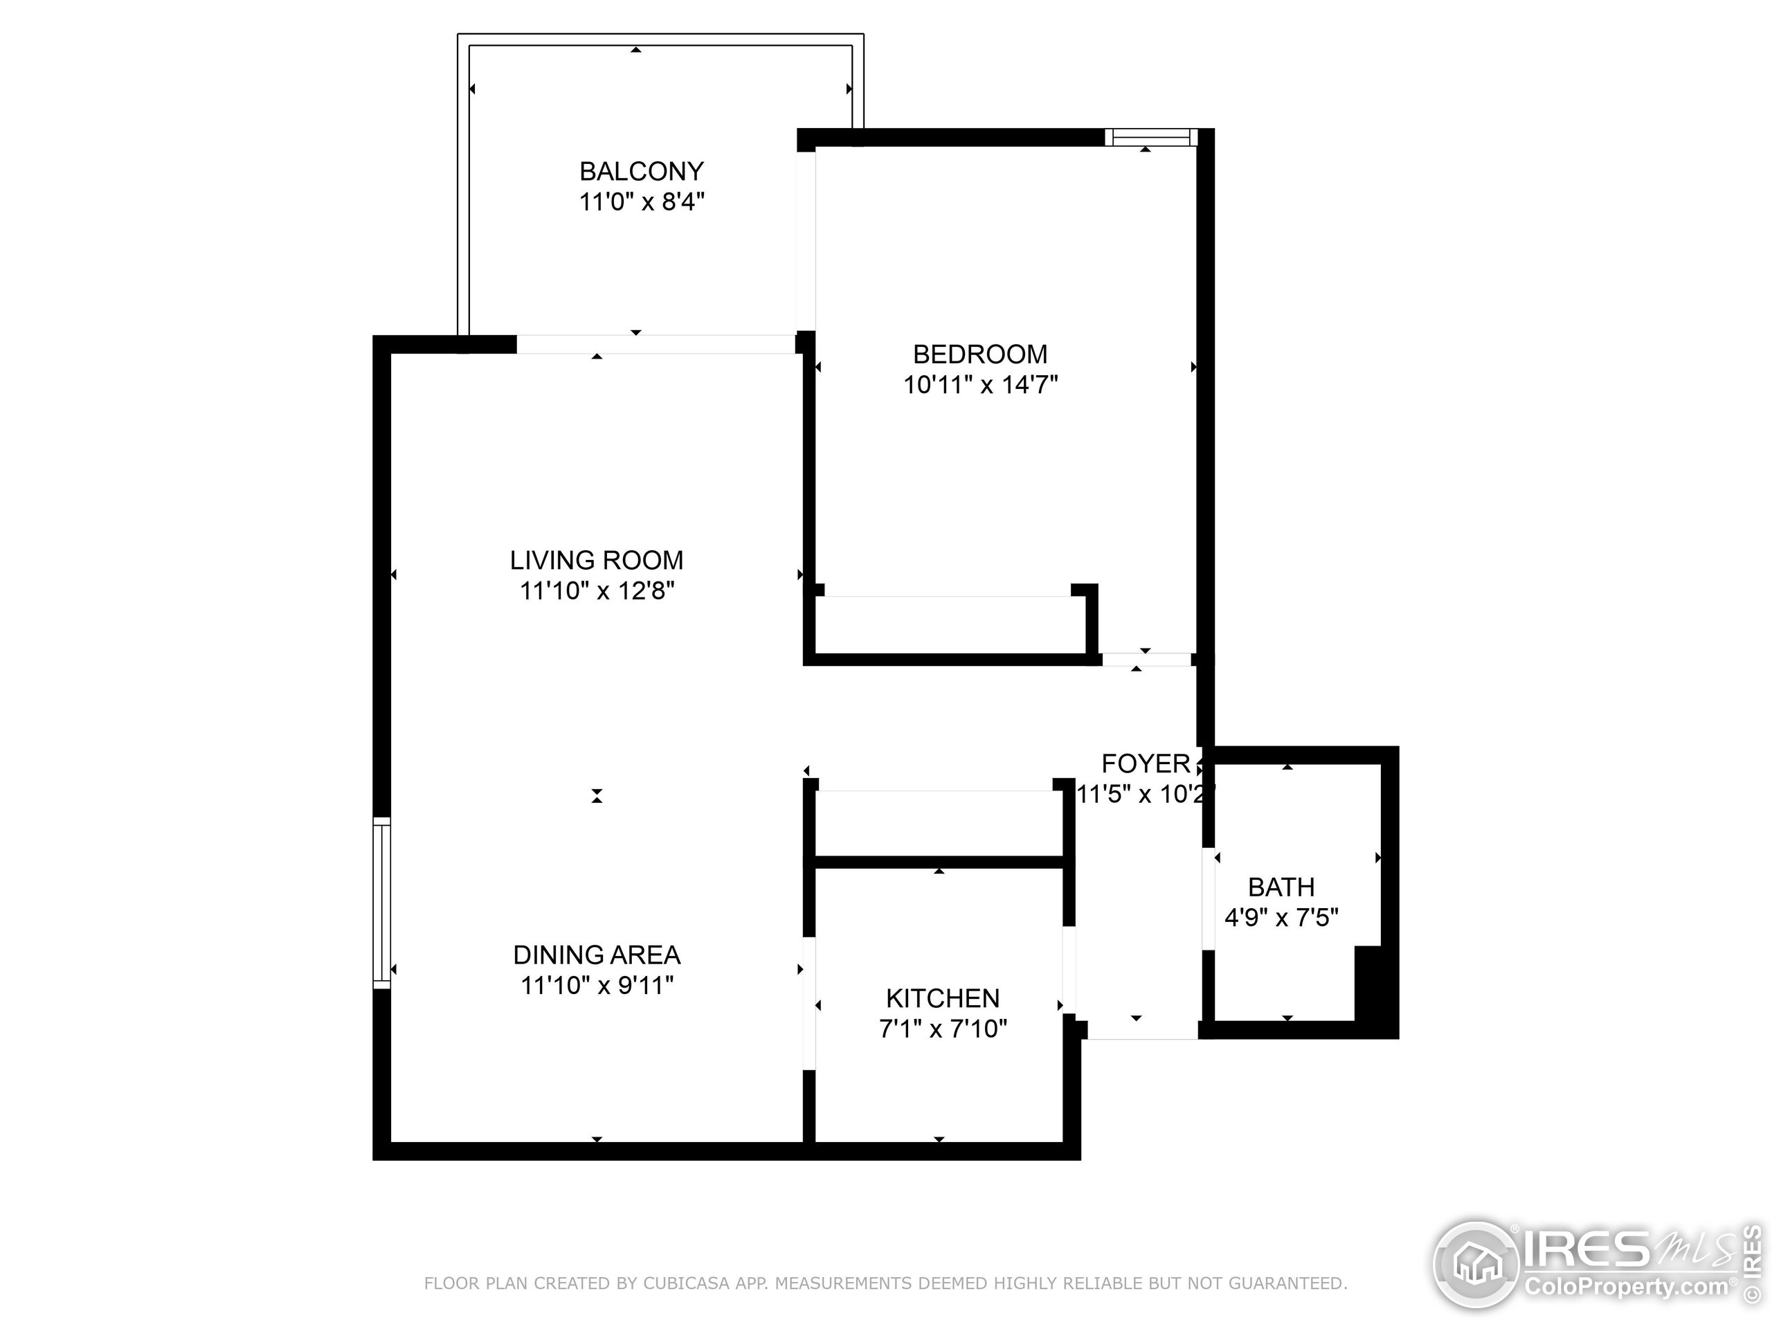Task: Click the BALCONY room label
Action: point(641,171)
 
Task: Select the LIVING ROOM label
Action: point(596,560)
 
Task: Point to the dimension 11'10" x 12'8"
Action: point(596,591)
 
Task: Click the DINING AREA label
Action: point(596,955)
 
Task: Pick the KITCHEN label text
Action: point(942,998)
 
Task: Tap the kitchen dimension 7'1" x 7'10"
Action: point(942,1029)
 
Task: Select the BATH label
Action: point(1281,887)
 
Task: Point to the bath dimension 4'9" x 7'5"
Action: point(1281,917)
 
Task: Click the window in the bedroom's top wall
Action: point(1151,138)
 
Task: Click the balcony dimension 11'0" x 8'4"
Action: point(641,201)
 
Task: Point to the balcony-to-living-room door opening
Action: point(656,345)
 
